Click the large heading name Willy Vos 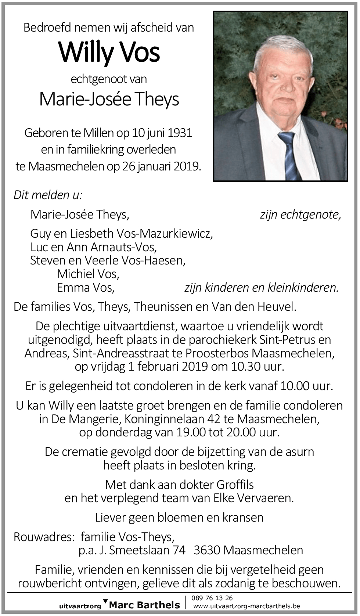tap(109, 52)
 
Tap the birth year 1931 tap(180, 133)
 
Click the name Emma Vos tap(86, 287)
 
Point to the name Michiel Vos tap(88, 274)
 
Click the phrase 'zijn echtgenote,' tap(300, 214)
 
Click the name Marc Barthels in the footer tap(145, 605)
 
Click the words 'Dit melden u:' tap(48, 195)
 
